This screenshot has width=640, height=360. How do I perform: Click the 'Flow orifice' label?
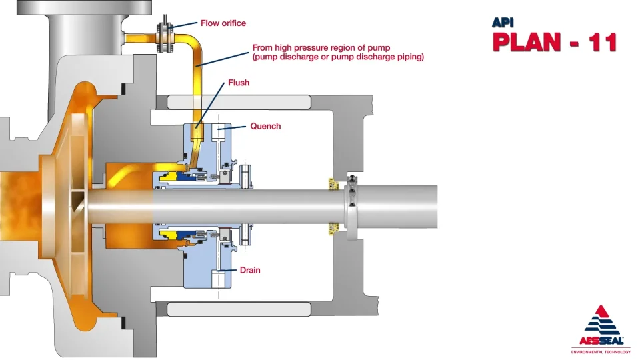point(223,23)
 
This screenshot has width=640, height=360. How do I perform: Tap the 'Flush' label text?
point(239,83)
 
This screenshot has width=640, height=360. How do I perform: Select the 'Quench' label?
point(265,126)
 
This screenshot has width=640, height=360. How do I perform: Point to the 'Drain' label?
point(250,270)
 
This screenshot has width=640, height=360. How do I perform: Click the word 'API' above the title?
point(503,23)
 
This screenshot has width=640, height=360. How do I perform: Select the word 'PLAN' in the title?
point(527,42)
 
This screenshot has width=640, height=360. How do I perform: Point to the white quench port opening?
point(218,131)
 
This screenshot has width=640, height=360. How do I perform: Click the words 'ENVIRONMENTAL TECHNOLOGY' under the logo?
point(601,351)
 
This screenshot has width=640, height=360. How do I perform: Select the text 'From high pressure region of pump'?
point(321,48)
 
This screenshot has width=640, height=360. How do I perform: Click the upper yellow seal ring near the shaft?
point(168,177)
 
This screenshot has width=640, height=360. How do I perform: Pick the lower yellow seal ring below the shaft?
point(168,234)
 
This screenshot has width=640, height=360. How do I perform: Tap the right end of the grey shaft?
point(437,207)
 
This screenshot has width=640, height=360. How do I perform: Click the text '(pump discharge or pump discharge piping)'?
point(338,57)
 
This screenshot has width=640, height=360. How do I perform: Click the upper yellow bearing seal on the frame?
point(334,184)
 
